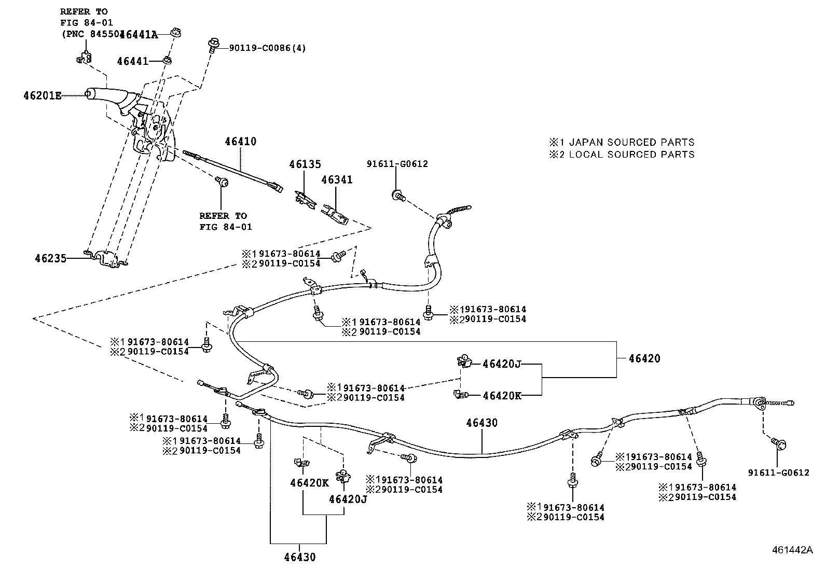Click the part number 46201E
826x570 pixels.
42,95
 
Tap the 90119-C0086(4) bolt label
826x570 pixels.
268,48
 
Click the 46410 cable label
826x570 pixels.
240,141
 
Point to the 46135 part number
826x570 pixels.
306,164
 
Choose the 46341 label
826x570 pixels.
337,179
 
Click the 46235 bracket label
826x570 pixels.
51,258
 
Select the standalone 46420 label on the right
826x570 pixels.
644,358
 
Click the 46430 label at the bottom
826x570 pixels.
299,558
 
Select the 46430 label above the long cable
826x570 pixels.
481,423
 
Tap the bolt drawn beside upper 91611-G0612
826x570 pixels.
398,196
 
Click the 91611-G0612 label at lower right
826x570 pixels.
778,472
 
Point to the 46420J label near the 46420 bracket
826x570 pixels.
501,364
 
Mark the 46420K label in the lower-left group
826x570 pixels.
309,483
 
